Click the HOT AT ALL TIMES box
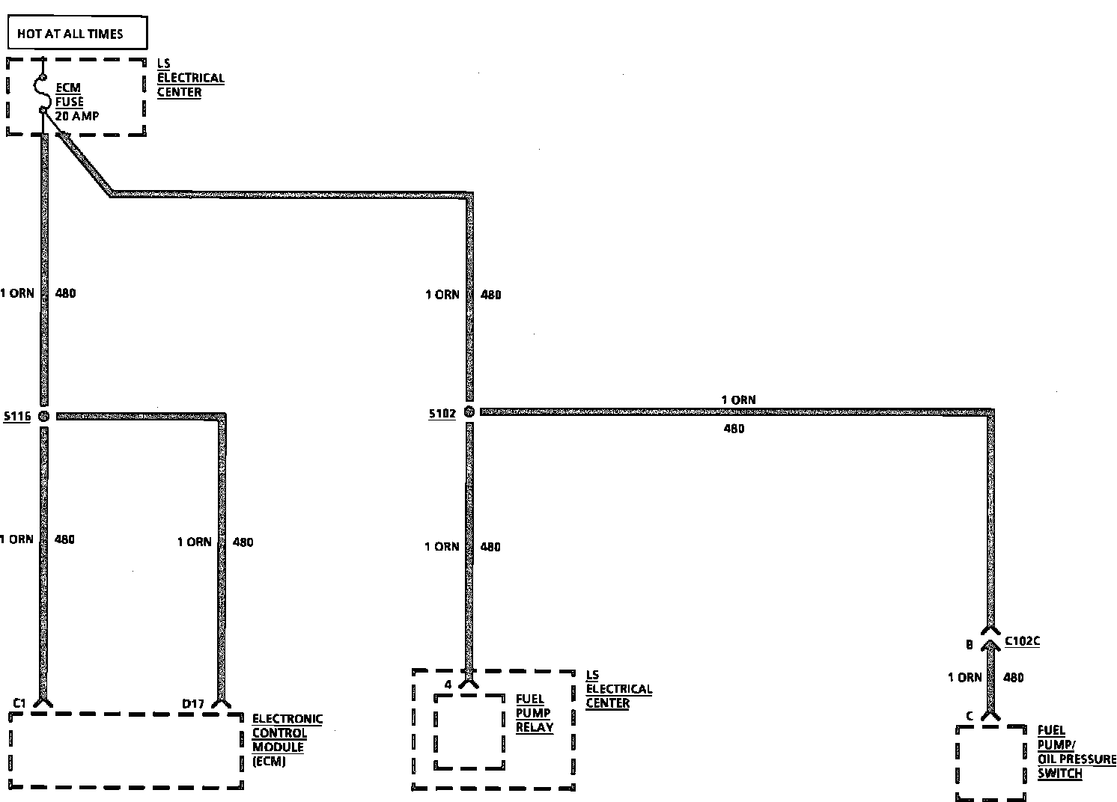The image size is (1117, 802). pyautogui.click(x=76, y=34)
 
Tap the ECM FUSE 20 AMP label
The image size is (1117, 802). pyautogui.click(x=76, y=102)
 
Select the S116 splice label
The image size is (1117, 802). pyautogui.click(x=16, y=416)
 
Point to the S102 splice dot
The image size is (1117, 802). pyautogui.click(x=469, y=412)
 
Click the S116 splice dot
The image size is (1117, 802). pyautogui.click(x=43, y=415)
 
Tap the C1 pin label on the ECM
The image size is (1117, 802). pyautogui.click(x=20, y=702)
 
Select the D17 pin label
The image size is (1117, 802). pyautogui.click(x=193, y=703)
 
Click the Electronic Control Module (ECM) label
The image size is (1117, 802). pyautogui.click(x=287, y=740)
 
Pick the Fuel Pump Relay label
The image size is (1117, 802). pyautogui.click(x=535, y=713)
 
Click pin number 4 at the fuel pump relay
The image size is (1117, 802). pyautogui.click(x=448, y=685)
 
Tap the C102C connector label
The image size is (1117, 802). pyautogui.click(x=1022, y=641)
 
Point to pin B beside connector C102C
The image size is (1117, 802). pyautogui.click(x=969, y=644)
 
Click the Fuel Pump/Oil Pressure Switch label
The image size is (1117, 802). pyautogui.click(x=1075, y=752)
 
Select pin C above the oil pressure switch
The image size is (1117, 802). pyautogui.click(x=969, y=716)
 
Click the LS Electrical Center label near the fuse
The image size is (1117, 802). pyautogui.click(x=190, y=78)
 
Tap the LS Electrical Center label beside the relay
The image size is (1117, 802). pyautogui.click(x=618, y=689)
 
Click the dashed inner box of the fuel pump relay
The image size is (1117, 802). pyautogui.click(x=469, y=731)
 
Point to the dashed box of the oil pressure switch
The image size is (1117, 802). pyautogui.click(x=990, y=763)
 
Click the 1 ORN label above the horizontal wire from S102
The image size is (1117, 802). pyautogui.click(x=738, y=400)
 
